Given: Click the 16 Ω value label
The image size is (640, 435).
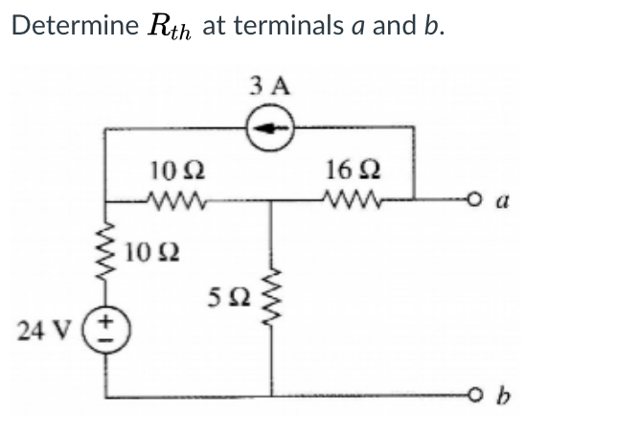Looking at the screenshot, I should coord(346,172).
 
